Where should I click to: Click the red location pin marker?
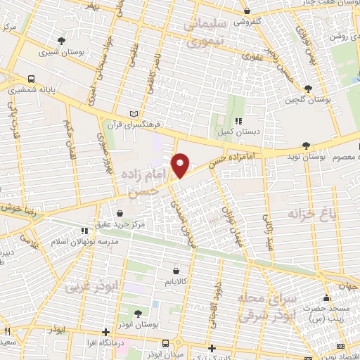181,165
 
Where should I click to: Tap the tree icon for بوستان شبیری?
63,40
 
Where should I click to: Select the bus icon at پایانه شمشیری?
31,79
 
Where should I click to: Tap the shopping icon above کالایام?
175,270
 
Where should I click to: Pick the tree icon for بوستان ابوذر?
137,314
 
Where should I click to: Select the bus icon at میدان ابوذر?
164,343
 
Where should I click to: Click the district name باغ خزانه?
313,212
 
